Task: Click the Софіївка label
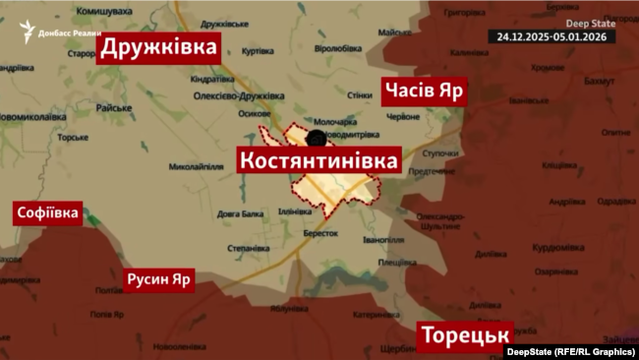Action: coord(47,214)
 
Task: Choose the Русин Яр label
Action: coord(159,280)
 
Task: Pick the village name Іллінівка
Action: coord(296,211)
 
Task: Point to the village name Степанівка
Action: coord(248,249)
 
